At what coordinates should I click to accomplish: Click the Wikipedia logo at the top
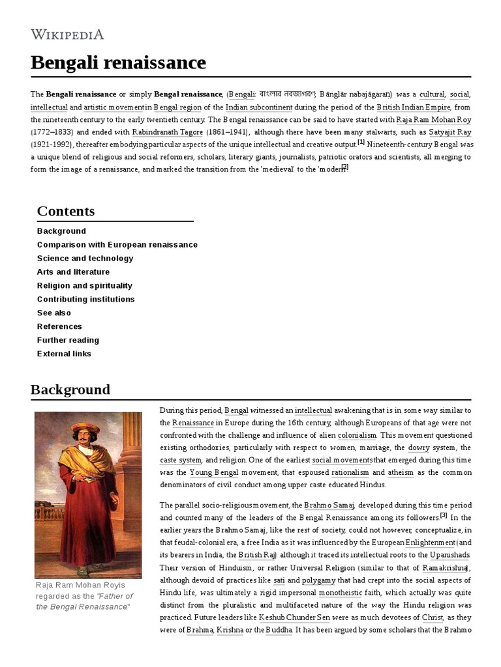pos(67,35)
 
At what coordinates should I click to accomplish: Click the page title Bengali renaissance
pos(118,63)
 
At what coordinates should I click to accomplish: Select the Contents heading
pos(66,211)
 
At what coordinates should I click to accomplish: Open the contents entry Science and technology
pos(85,258)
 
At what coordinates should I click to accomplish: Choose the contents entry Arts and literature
pos(73,272)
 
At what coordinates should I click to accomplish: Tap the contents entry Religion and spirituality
pos(84,285)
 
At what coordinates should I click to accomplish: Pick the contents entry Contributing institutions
pos(85,299)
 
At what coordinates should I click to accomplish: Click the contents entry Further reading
pos(68,340)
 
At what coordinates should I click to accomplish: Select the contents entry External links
pos(64,354)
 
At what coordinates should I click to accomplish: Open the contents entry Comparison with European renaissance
pos(117,244)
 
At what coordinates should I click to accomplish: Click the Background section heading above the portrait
pos(70,390)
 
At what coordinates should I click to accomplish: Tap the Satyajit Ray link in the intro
pos(449,132)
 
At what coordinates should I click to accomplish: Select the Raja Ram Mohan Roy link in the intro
pos(434,119)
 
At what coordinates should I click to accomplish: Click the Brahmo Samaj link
pos(329,505)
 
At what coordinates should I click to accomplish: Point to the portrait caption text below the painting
pos(84,595)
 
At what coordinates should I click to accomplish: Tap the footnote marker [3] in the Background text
pos(444,515)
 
